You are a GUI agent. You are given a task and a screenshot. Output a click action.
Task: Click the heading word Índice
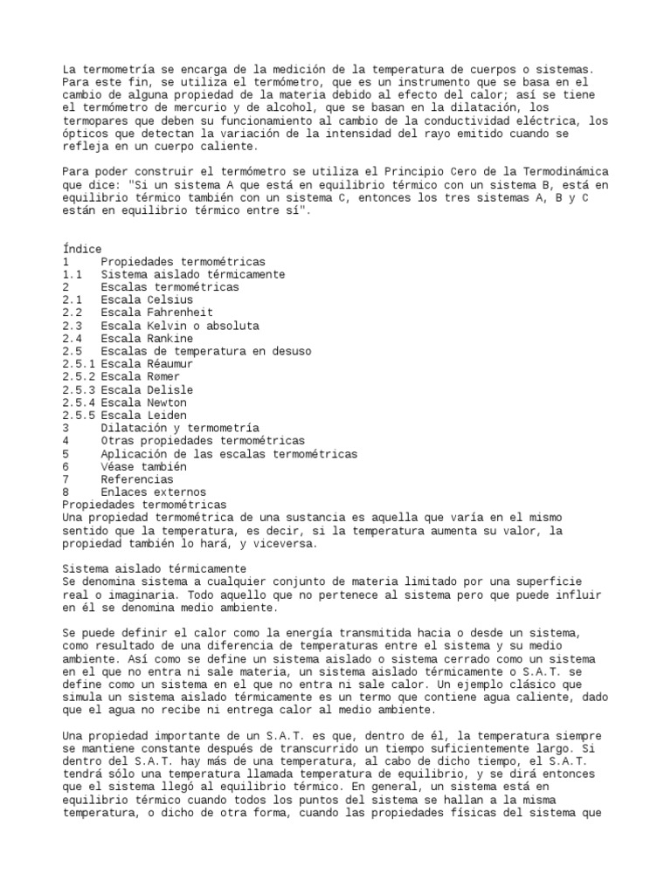(x=82, y=249)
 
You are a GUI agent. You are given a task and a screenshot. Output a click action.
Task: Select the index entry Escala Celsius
(x=147, y=299)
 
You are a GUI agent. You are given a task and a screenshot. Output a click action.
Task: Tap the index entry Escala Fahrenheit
(x=156, y=313)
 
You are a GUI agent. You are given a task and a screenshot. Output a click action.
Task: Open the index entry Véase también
(x=143, y=467)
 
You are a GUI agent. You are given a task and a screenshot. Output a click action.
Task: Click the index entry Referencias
(x=137, y=479)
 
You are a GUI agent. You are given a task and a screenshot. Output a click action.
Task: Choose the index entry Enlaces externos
(x=153, y=492)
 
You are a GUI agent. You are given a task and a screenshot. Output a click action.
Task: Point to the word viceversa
(x=288, y=544)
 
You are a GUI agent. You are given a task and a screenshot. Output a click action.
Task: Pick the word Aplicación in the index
(x=134, y=454)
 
